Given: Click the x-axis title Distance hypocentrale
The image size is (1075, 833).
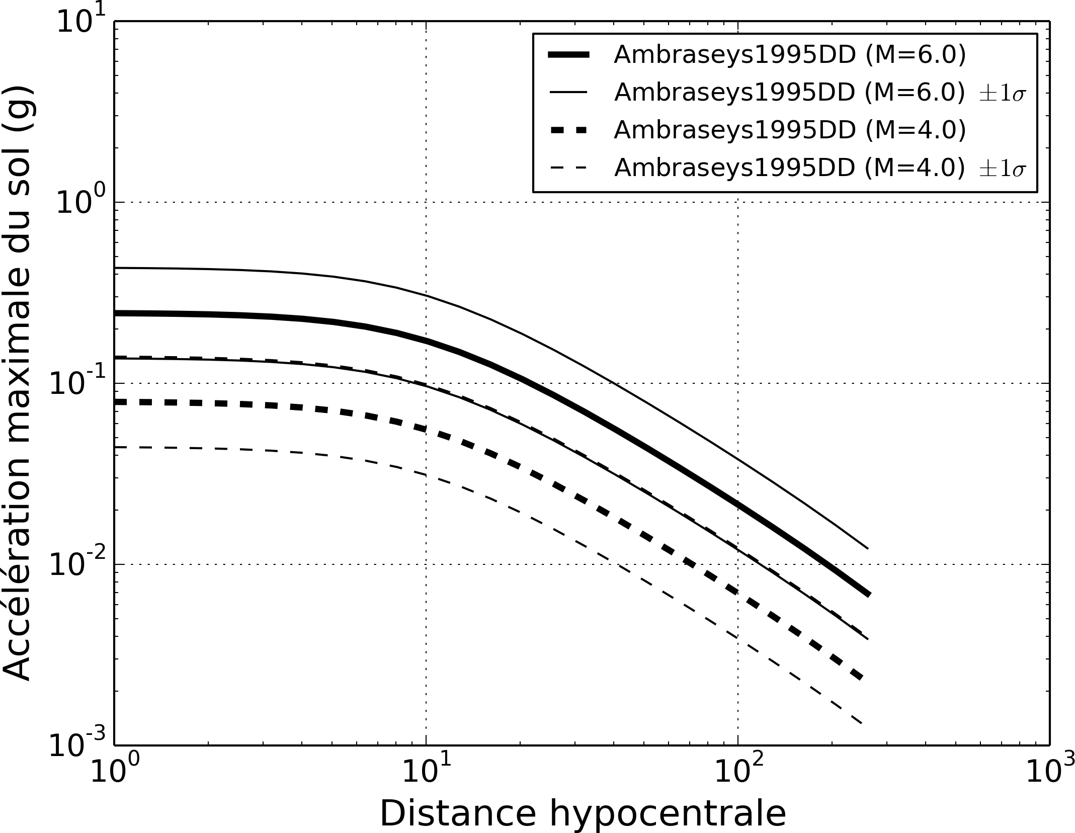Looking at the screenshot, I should tap(582, 813).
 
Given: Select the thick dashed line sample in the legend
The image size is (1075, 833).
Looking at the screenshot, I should tap(569, 130).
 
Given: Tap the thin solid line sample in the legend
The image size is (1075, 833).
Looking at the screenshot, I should tap(569, 93).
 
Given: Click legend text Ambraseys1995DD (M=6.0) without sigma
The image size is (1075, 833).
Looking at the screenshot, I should tap(790, 56).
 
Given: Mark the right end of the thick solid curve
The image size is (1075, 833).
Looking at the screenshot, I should tap(868, 594).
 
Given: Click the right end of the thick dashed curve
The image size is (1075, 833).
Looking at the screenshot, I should tap(862, 677).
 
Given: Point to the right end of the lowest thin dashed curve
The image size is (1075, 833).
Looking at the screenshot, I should tap(862, 723).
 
